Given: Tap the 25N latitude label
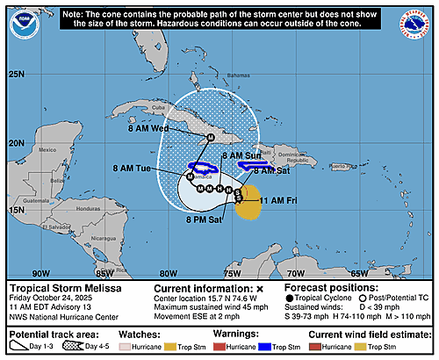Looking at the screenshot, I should pos(17,75).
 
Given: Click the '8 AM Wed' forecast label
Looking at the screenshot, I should pos(171,128).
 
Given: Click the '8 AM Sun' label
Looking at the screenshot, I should pos(241,155).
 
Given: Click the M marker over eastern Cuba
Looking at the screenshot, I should pos(210,138).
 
